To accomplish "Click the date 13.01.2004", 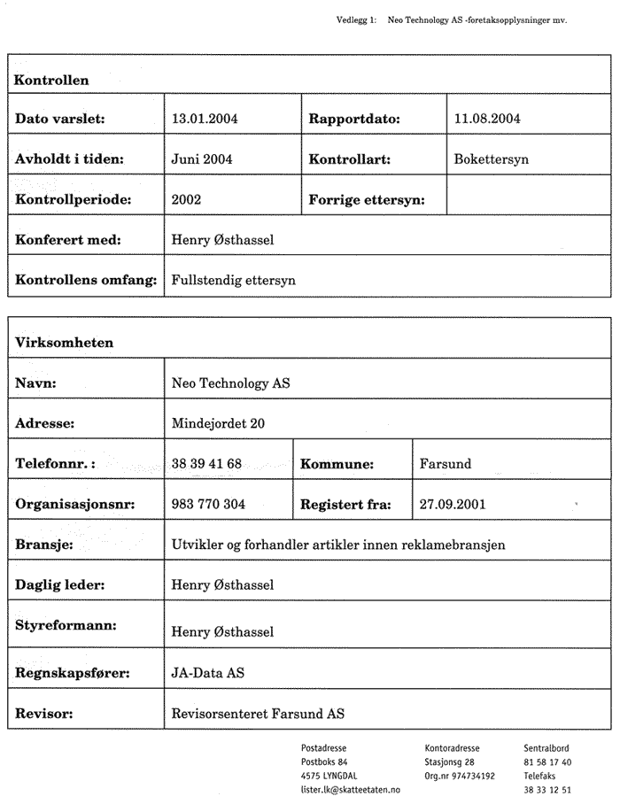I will pos(204,118).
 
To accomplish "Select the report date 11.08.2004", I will pos(486,118).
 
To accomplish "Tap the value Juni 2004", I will pos(201,159).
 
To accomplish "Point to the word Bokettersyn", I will pos(490,159).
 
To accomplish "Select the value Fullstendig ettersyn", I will pos(233,280).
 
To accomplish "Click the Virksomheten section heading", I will pos(64,342).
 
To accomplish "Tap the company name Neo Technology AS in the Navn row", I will pos(230,383).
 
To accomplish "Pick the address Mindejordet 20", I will pos(217,423).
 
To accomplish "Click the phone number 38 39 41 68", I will pos(206,463).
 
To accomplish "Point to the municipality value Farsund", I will pos(445,463).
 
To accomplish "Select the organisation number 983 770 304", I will pos(208,504).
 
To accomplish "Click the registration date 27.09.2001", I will pos(452,504).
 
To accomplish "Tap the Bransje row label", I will pos(44,544).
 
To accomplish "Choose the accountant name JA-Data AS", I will pos(207,673).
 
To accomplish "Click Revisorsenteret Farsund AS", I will pos(257,713).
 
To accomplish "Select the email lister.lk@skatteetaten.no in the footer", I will pos(351,789).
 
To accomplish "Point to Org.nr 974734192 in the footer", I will pos(460,776).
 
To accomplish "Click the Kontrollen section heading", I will pos(51,80).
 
